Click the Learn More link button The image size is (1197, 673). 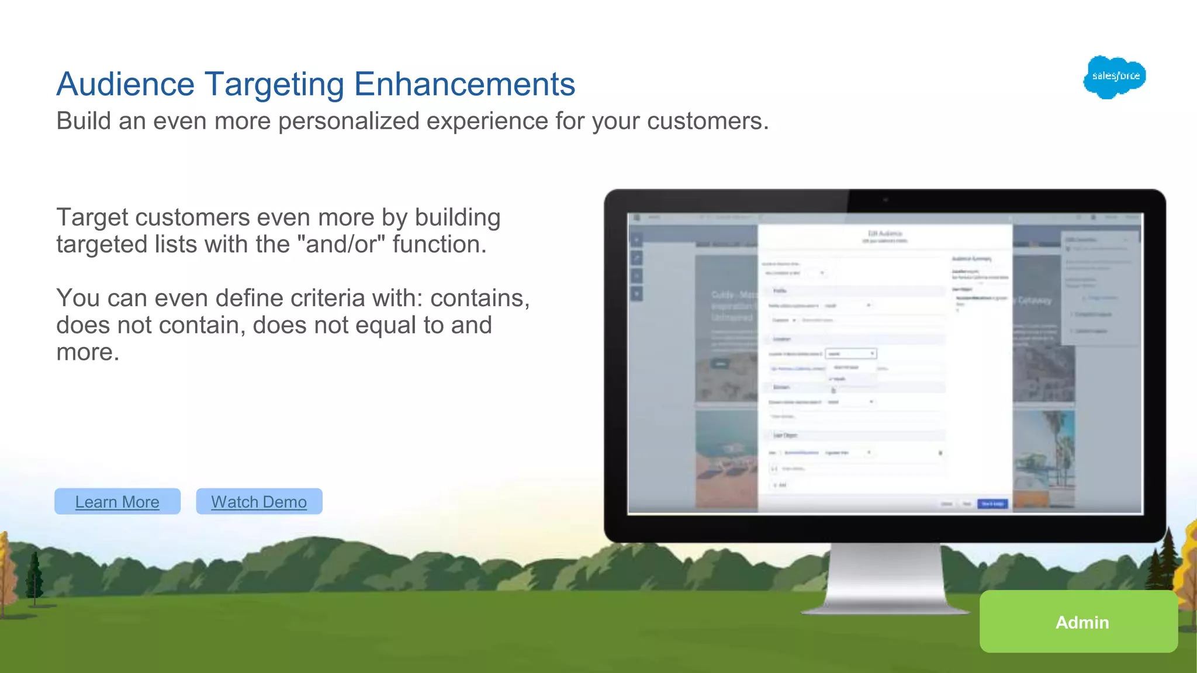tap(117, 502)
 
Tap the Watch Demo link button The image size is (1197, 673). tap(259, 502)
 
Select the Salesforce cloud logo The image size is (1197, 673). tap(1115, 77)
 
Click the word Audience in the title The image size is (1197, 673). tap(125, 84)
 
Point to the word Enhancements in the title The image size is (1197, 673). tap(465, 84)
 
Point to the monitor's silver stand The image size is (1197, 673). tap(885, 578)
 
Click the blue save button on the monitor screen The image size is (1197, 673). tap(992, 504)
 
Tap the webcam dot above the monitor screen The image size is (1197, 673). tap(885, 200)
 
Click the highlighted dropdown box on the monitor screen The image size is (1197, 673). tap(850, 353)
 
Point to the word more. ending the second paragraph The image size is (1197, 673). tap(88, 352)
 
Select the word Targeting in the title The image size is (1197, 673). tap(274, 84)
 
